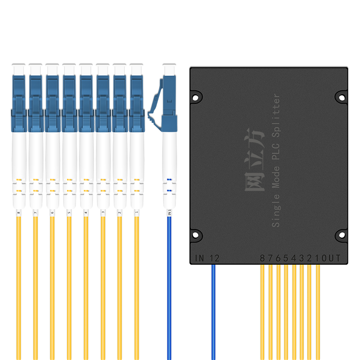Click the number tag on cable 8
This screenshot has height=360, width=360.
[18, 212]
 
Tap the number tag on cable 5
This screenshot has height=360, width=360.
[69, 212]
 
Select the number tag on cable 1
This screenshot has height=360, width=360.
[136, 212]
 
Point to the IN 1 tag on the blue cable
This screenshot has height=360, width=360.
[169, 212]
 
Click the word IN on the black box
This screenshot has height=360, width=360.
[199, 258]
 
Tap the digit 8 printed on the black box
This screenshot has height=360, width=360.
[263, 258]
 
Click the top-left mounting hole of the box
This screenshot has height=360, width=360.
[196, 96]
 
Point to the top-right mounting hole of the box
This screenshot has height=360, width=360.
[341, 97]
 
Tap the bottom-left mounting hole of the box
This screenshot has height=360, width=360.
[196, 234]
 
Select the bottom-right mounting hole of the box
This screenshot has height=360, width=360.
[341, 234]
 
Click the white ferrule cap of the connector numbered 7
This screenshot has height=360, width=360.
[36, 69]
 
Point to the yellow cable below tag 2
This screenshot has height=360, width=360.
[120, 292]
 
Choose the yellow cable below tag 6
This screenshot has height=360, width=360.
[52, 292]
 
